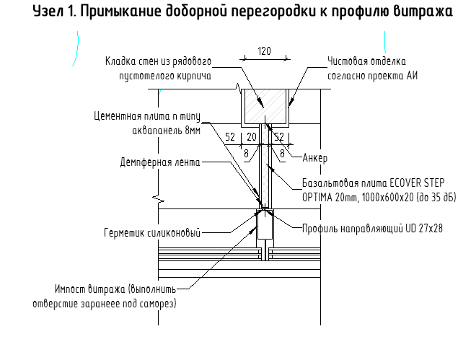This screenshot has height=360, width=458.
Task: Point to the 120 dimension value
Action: pyautogui.click(x=264, y=51)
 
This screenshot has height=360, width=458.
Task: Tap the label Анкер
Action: pyautogui.click(x=315, y=157)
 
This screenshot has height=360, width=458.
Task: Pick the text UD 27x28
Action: pyautogui.click(x=421, y=228)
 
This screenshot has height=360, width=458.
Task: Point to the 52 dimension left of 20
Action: pyautogui.click(x=231, y=136)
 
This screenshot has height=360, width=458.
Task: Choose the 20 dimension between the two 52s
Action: pyautogui.click(x=252, y=136)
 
